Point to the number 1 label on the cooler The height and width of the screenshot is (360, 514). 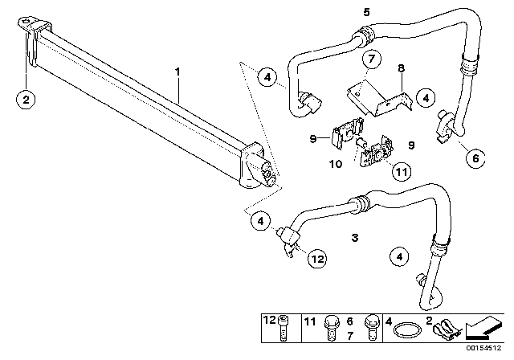[x=179, y=72]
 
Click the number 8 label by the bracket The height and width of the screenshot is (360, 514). [x=402, y=70]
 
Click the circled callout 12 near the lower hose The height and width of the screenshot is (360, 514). [x=318, y=260]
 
